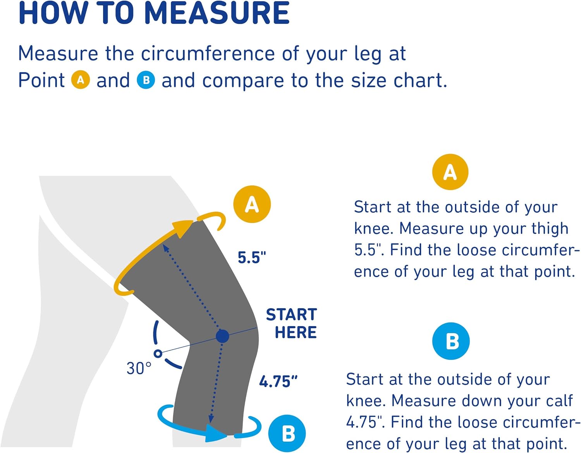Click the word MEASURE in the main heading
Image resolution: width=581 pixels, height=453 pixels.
[x=217, y=13]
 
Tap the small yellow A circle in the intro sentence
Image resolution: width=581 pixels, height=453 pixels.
[x=81, y=80]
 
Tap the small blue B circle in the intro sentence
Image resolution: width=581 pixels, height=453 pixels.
[x=146, y=80]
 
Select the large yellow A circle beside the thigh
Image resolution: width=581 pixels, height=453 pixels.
[x=252, y=204]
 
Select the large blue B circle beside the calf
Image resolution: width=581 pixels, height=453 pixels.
[x=287, y=433]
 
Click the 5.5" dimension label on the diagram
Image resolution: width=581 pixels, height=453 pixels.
[x=252, y=258]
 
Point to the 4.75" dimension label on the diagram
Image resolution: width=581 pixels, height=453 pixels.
[x=278, y=382]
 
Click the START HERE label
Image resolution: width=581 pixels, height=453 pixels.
[x=292, y=323]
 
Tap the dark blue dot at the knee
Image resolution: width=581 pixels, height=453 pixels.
[x=222, y=336]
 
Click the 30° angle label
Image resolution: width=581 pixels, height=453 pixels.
[x=139, y=368]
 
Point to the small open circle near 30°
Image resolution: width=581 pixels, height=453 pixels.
[x=158, y=353]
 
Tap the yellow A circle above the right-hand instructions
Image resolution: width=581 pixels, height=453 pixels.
[x=450, y=172]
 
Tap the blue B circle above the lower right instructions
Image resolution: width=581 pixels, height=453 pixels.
[x=451, y=341]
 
